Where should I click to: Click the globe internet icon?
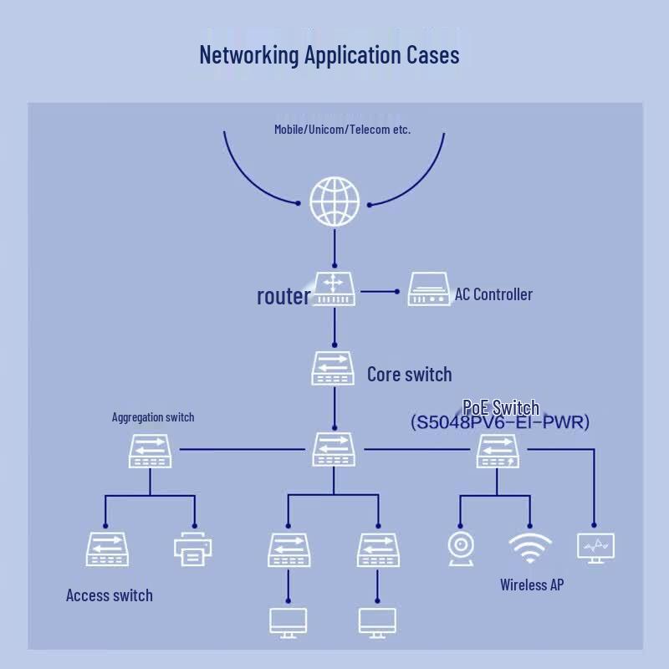[x=334, y=202]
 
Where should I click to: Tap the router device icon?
[x=334, y=289]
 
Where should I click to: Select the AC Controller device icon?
[x=428, y=289]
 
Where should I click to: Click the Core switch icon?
[x=333, y=368]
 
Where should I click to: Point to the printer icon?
[x=193, y=549]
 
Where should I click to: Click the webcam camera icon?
[x=461, y=549]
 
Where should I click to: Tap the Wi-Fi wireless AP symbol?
[x=530, y=548]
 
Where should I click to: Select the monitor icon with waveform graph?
[x=595, y=549]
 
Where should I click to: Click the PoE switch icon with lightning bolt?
[x=498, y=451]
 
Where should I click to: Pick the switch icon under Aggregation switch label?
[x=151, y=451]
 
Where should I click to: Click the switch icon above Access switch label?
[x=107, y=549]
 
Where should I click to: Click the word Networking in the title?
[x=249, y=55]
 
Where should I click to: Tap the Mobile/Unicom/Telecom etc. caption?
[x=342, y=130]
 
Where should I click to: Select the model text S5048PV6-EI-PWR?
[x=499, y=422]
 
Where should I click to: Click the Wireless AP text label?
[x=532, y=585]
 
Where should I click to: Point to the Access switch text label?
[x=110, y=595]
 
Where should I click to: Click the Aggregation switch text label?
[x=153, y=416]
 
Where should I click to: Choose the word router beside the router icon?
[x=283, y=296]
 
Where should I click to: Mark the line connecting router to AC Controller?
[x=380, y=292]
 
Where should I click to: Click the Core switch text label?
[x=409, y=374]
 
